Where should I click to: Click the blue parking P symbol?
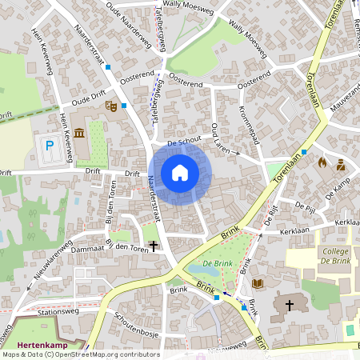[x=50, y=146]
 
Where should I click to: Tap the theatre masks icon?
[x=112, y=105]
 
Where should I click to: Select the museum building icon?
[x=79, y=132]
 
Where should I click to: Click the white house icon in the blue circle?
[x=180, y=172]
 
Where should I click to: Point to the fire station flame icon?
[x=322, y=162]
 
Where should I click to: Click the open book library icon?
[x=258, y=283]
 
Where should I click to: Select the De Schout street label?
[x=185, y=142]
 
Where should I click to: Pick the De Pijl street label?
[x=304, y=206]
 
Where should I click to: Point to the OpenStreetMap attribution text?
[x=80, y=354]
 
